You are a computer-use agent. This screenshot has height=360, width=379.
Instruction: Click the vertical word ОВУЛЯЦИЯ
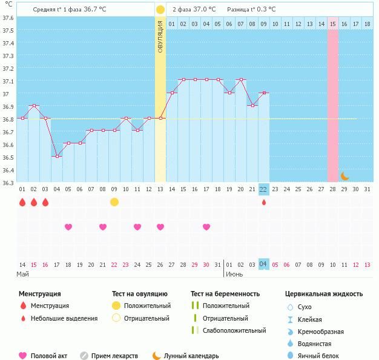coord(160,37)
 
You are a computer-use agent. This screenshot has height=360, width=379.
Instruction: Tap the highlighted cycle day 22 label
coord(263,189)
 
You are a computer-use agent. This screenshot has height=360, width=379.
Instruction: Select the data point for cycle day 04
coord(57,156)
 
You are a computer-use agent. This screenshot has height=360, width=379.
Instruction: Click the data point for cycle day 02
coord(34,106)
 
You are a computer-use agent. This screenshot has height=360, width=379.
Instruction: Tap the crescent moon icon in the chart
coord(344,176)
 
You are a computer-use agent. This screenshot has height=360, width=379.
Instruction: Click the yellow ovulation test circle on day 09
coord(114,201)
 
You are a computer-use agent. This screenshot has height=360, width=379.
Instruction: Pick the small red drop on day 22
coord(263,202)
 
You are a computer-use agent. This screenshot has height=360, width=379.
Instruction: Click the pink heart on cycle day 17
coord(206,227)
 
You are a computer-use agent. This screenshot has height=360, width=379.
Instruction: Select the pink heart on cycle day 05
coord(68,227)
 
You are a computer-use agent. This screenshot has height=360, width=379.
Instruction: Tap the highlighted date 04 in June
coord(263,264)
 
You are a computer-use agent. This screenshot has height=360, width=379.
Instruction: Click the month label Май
coord(23,274)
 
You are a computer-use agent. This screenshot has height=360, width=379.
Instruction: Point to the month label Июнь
coord(235,274)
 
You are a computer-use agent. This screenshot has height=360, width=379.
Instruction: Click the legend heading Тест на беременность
coord(225,294)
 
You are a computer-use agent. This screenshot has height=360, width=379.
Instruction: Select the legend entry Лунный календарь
coord(194,356)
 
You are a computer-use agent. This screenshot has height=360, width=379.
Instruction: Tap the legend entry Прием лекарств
coord(114,356)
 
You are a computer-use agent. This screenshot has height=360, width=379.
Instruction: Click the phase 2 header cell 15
coord(333,24)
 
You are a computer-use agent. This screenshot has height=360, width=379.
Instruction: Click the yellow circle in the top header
coord(160,10)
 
